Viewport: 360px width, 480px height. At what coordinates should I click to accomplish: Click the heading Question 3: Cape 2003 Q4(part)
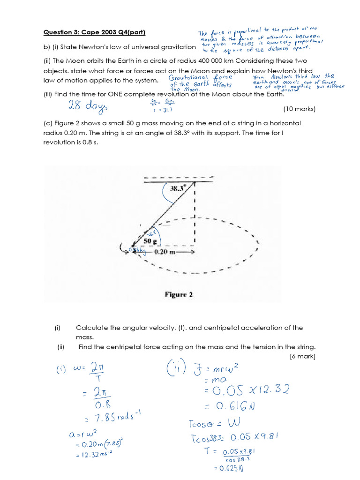pyautogui.click(x=94, y=32)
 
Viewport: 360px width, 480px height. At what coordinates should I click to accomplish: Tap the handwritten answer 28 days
pyautogui.click(x=88, y=105)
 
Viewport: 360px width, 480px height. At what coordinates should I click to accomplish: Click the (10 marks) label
pyautogui.click(x=300, y=109)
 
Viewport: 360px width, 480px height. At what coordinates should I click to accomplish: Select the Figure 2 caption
pyautogui.click(x=179, y=295)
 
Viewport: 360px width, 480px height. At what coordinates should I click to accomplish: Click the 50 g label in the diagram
pyautogui.click(x=150, y=241)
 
